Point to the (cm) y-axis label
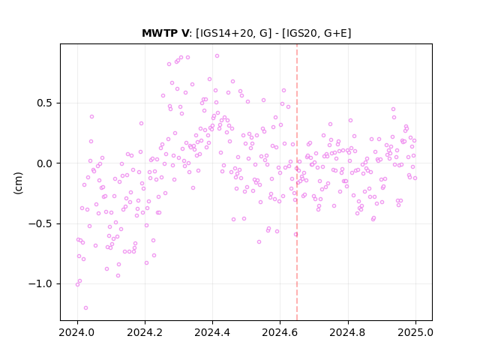coord(18,183)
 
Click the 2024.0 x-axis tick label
coord(77,332)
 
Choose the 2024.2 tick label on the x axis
coord(145,332)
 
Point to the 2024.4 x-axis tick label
coord(212,332)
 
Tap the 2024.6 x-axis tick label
coord(280,332)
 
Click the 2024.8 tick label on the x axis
coord(348,332)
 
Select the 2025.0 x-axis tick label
coord(415,332)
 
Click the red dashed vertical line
coord(297,182)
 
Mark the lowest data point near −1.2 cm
coord(85,307)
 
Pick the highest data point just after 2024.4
coord(217,56)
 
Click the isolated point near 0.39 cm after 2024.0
coord(91,117)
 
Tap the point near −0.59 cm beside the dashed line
coord(295,235)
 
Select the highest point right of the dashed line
coord(393,109)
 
